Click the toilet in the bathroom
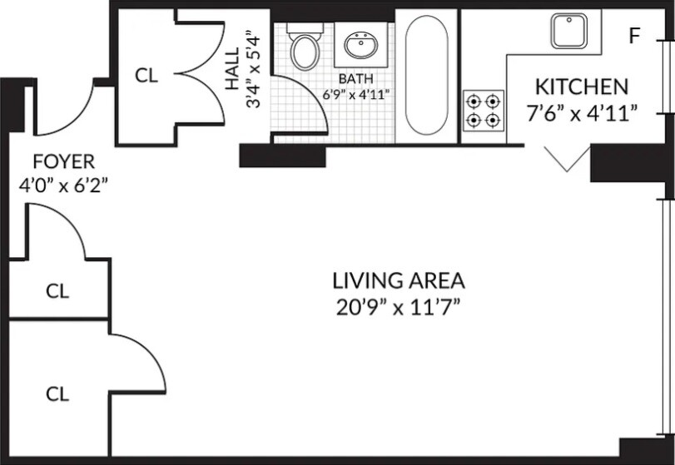coord(305,49)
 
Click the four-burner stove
coord(484,111)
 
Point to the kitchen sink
coord(568,30)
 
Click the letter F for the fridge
coord(635,36)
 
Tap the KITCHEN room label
coord(581,87)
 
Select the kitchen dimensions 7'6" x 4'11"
coord(582,112)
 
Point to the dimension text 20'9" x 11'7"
coord(399,306)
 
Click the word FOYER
coord(63,161)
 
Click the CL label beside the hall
coord(146,75)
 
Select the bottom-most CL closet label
coord(57,392)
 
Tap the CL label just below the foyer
coord(57,291)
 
